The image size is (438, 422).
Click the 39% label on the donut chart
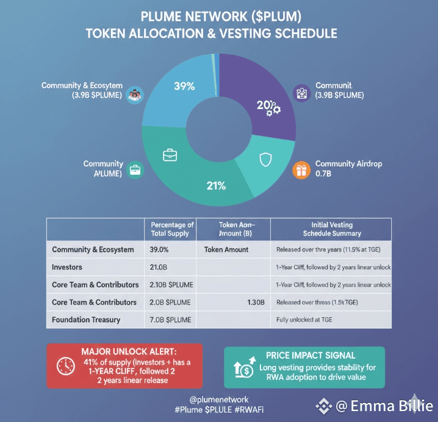184,86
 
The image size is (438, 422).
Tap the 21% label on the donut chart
216,186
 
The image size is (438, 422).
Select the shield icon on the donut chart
265,160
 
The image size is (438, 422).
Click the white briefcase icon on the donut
170,155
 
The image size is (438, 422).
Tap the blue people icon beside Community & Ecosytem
135,95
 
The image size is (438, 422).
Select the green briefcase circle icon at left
135,169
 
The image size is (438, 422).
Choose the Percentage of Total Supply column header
172,230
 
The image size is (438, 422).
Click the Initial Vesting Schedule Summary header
332,230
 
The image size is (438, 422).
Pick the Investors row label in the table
67,267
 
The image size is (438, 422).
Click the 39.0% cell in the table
159,250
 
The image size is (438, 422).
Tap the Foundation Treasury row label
86,320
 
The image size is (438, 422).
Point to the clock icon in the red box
65,366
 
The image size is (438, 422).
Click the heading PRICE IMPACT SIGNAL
311,355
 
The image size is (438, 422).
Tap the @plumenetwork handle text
218,399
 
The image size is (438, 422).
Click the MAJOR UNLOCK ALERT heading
129,352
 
